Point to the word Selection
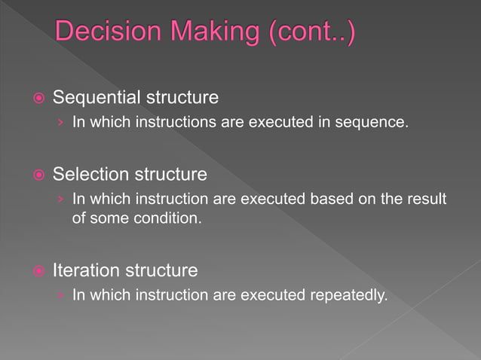point(91,175)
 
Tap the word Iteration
point(86,270)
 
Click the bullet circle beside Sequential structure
point(37,99)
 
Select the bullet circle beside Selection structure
point(37,175)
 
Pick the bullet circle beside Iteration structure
point(37,270)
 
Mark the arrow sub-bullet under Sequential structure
point(60,122)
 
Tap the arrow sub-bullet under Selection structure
point(60,200)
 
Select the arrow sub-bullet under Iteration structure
point(60,295)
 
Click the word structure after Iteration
point(161,270)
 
